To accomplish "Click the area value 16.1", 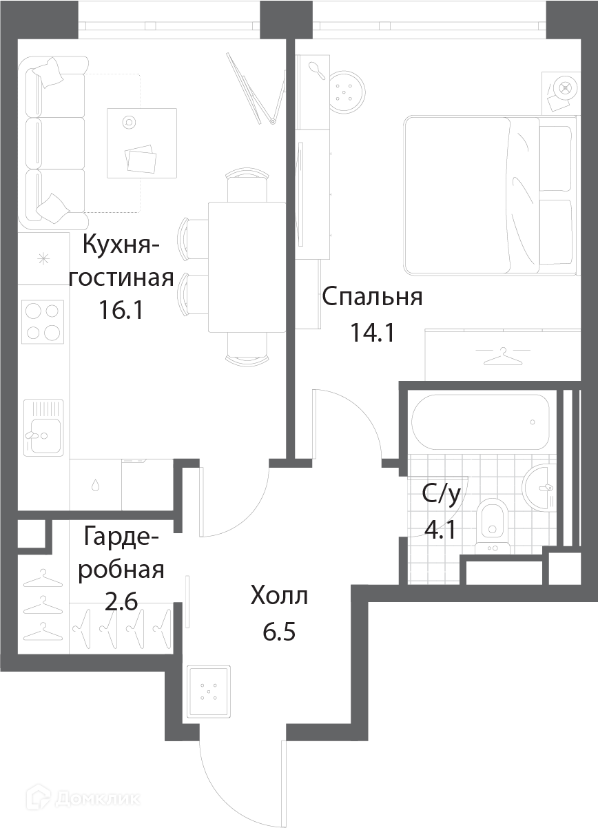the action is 121,310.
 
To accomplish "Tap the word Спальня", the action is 372,297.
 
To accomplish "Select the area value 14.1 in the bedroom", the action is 373,332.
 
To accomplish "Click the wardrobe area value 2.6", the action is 121,602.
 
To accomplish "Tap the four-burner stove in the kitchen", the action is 43,322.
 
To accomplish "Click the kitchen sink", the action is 43,428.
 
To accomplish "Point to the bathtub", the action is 480,422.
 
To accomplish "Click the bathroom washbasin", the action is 539,488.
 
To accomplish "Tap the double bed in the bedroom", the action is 491,196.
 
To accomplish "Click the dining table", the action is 247,267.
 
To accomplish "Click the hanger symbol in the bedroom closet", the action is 502,355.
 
